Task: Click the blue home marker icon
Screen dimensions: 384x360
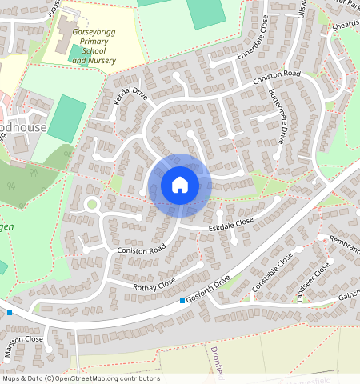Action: point(180,186)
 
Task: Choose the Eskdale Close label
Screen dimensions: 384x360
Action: point(232,227)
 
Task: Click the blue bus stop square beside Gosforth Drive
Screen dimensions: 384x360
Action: point(182,301)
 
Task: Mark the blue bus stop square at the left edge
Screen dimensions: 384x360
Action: point(9,312)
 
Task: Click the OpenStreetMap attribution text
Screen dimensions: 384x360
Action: point(80,378)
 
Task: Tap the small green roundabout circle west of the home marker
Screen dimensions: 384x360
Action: point(91,204)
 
